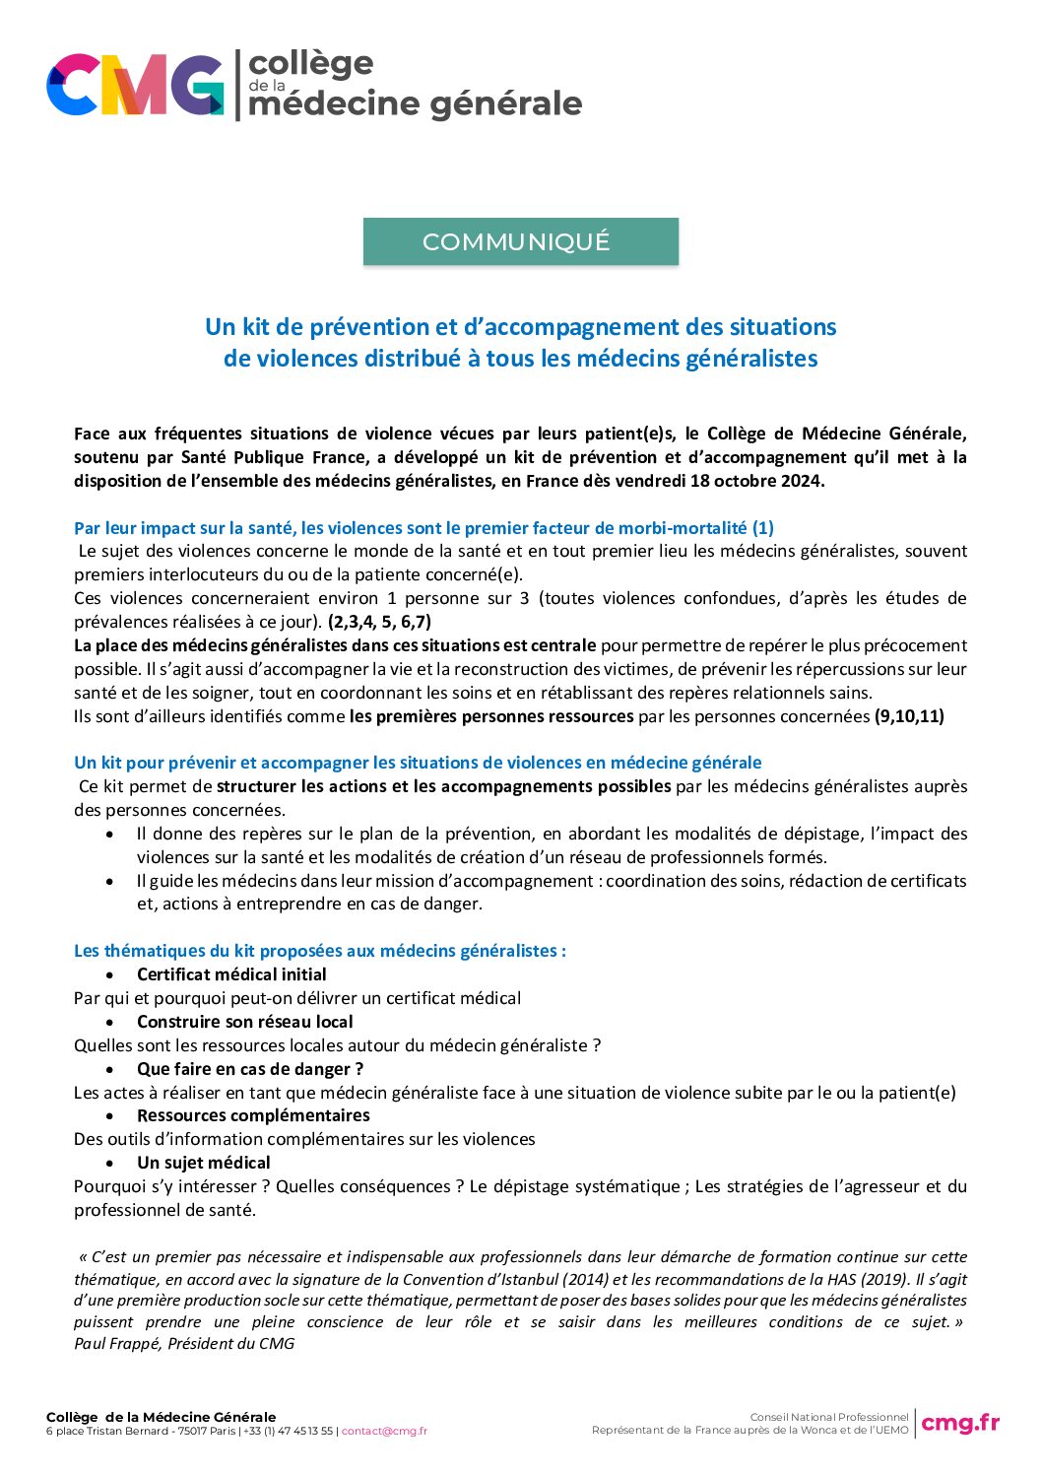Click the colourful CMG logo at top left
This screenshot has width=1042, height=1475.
[x=135, y=86]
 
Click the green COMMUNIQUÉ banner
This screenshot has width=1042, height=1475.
[x=520, y=241]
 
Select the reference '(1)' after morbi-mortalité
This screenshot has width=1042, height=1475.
[x=763, y=528]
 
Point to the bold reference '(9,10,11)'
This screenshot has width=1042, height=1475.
[x=909, y=716]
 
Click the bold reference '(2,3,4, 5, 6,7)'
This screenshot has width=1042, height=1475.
[x=379, y=622]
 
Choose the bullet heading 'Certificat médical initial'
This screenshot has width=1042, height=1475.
[x=231, y=974]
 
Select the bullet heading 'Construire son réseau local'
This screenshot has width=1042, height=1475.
[x=244, y=1022]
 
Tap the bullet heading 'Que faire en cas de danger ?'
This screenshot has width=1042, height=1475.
[x=250, y=1069]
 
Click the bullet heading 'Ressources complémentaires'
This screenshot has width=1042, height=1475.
[x=253, y=1115]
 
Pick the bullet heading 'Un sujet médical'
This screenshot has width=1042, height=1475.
[x=203, y=1163]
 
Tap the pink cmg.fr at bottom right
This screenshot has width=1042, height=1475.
[x=959, y=1423]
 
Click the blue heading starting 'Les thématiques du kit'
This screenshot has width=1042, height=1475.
[x=319, y=951]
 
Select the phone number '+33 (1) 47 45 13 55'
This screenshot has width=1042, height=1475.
[x=288, y=1432]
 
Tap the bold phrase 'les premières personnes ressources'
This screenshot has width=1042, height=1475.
[x=491, y=716]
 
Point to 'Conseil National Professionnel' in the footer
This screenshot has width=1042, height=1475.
[x=829, y=1417]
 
